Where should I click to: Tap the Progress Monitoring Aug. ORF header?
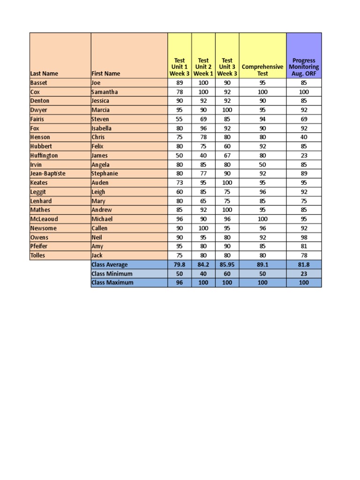[x=304, y=67]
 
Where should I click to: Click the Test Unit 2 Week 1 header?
[x=203, y=67]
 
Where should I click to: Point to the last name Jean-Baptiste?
[x=48, y=173]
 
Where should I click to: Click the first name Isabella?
[x=101, y=128]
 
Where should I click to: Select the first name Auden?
[x=100, y=183]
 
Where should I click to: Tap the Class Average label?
[x=110, y=265]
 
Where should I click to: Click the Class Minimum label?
[x=112, y=274]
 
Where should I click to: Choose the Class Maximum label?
[x=112, y=283]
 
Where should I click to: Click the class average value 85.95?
[x=227, y=265]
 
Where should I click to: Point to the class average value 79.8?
[x=180, y=265]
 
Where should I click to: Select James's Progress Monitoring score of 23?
[x=304, y=156]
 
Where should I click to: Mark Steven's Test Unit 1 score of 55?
[x=180, y=119]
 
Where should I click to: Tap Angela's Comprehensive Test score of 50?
[x=262, y=165]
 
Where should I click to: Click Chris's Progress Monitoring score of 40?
[x=304, y=137]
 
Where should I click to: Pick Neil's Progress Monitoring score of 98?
[x=304, y=238]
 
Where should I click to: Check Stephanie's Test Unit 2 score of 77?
[x=203, y=173]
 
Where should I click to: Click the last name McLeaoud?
[x=45, y=219]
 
